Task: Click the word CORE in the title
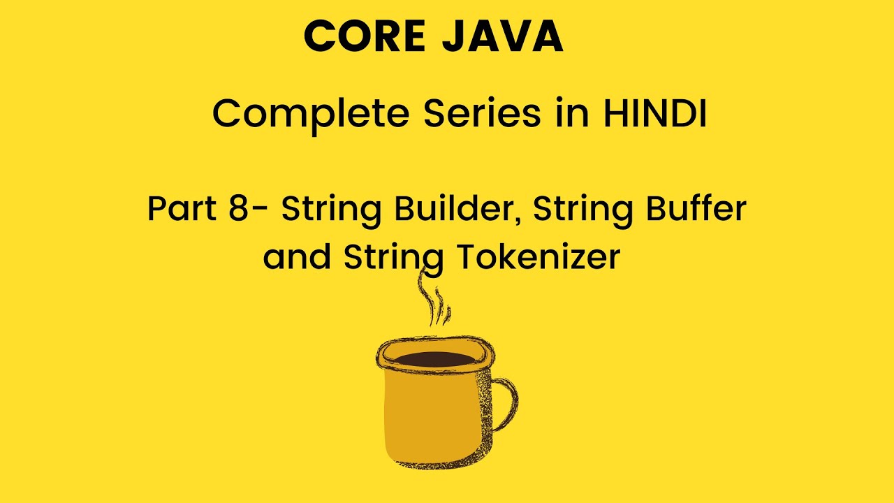[365, 36]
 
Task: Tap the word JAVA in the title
[502, 36]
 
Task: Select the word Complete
[312, 115]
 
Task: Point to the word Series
[482, 113]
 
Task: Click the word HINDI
[655, 113]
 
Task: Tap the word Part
[182, 208]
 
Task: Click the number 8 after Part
[239, 208]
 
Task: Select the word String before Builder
[331, 211]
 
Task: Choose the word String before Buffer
[582, 211]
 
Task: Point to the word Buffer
[696, 207]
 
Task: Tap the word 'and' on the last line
[297, 256]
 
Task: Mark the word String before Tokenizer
[393, 259]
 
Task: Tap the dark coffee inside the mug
[435, 359]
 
